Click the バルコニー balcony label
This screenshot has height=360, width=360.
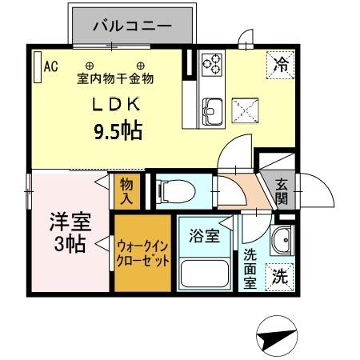[x=132, y=26]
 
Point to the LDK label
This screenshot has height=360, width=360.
[x=119, y=103]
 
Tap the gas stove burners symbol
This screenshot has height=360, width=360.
[x=212, y=62]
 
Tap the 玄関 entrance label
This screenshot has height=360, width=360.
[x=282, y=190]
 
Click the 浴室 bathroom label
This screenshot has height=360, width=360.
[x=204, y=236]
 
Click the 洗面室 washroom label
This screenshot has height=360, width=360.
[x=250, y=270]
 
